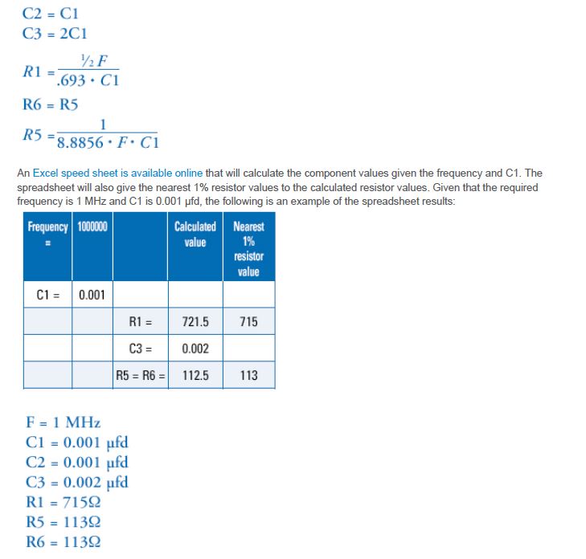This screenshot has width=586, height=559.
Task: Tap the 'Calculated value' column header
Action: (195, 235)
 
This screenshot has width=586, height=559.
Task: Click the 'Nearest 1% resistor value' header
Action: (248, 249)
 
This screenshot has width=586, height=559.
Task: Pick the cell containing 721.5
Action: (195, 322)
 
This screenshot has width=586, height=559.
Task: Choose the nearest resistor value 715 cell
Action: (248, 322)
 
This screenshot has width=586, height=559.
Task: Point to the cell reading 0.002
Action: (195, 349)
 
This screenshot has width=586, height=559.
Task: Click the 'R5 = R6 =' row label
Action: (141, 375)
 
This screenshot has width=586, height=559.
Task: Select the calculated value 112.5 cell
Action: (195, 375)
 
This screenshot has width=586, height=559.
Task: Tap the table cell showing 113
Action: (248, 375)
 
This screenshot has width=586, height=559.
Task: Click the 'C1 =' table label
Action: (48, 295)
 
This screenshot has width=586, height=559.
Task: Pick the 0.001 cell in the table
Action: (92, 295)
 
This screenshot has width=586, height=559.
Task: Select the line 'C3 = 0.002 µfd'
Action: (76, 482)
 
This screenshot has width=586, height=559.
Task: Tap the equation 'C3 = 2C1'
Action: (55, 34)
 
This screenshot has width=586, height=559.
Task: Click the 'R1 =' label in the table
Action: (141, 322)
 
